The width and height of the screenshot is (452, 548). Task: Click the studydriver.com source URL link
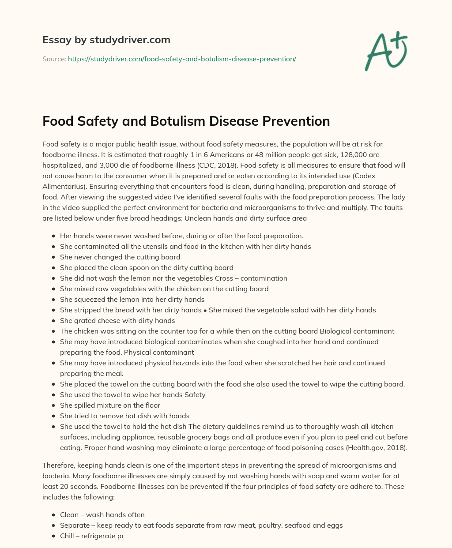182,59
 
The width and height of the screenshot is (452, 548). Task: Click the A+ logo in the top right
386,51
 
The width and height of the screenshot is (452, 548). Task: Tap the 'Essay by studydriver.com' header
106,40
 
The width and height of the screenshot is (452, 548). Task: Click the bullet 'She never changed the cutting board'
120,257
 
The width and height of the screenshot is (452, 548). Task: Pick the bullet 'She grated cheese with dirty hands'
117,321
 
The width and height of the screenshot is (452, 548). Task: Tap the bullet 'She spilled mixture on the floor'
110,405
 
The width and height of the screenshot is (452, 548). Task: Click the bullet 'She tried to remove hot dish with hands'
124,416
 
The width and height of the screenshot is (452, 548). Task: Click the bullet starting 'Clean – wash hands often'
102,515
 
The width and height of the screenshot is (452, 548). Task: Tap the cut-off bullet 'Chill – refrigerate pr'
92,536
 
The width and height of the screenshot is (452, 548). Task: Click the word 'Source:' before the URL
54,59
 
